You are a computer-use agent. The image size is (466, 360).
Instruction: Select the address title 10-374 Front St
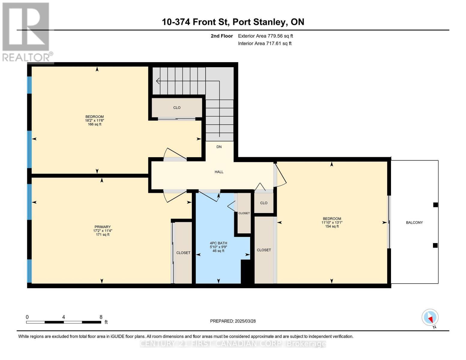tap(233, 22)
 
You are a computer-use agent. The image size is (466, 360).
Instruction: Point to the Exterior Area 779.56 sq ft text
tap(265, 36)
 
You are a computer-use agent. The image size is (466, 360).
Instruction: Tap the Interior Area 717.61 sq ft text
tap(265, 43)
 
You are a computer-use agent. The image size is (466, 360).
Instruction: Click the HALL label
tap(219, 172)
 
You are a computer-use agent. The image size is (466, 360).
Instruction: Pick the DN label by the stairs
tap(219, 147)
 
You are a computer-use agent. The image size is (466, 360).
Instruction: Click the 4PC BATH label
tap(218, 243)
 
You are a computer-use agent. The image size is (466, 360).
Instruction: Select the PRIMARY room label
tap(103, 227)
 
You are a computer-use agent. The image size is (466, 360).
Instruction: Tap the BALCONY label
tap(414, 223)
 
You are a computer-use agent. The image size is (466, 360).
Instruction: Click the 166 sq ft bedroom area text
tap(95, 124)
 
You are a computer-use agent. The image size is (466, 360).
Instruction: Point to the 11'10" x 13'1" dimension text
tap(332, 223)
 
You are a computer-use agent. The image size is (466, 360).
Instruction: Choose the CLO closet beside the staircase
tap(177, 108)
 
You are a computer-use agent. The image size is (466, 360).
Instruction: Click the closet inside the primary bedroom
tap(183, 253)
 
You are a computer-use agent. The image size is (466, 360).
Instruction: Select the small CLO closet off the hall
tap(264, 203)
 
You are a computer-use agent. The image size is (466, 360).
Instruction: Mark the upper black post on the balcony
tap(435, 205)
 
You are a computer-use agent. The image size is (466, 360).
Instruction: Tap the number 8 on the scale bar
tap(101, 317)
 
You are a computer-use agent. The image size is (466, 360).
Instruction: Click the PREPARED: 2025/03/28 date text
tap(233, 321)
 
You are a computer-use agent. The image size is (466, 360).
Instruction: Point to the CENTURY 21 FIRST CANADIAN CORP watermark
tap(233, 343)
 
